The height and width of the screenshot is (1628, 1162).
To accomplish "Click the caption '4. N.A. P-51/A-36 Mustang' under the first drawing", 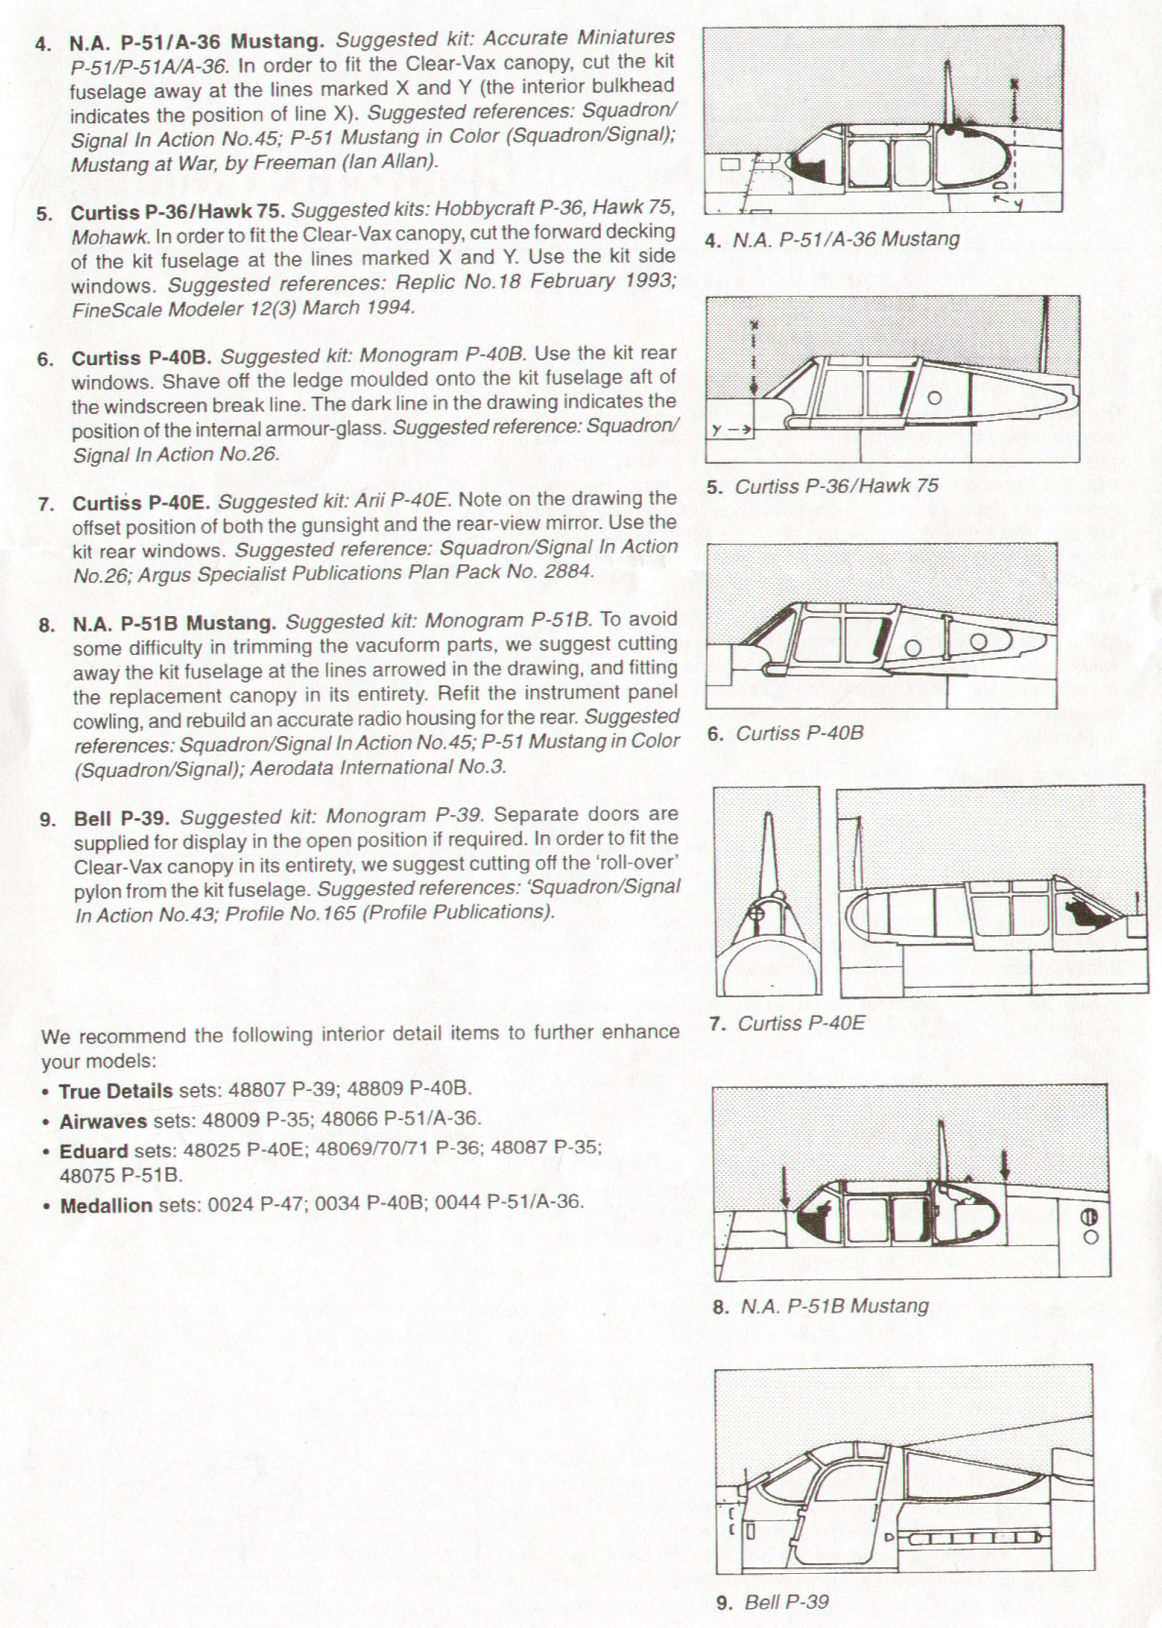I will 833,239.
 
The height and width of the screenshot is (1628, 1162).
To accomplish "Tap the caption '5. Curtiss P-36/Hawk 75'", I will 823,487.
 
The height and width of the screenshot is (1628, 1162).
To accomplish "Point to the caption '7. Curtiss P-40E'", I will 788,1023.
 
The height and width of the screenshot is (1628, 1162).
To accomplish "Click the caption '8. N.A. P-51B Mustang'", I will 820,1306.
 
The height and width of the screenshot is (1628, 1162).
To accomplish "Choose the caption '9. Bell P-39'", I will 773,1602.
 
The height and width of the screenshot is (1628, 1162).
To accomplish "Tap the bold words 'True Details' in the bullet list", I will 116,1091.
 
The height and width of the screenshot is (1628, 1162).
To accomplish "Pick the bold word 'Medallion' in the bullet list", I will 106,1204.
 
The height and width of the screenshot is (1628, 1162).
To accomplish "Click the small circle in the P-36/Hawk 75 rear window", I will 934,399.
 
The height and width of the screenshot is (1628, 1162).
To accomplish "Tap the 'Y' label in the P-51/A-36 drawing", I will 1016,204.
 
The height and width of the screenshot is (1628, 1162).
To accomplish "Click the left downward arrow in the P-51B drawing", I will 785,1188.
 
